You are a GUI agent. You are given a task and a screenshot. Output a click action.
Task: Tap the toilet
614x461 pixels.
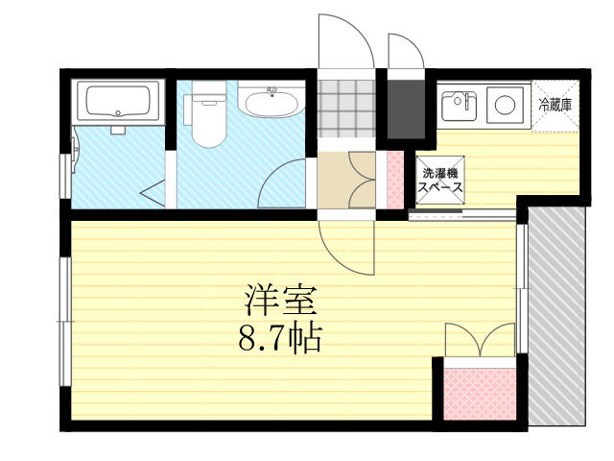point(205,114)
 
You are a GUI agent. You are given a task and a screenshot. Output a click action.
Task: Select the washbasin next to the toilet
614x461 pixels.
point(271,100)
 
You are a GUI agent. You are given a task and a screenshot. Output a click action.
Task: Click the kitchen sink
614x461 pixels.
point(459,106)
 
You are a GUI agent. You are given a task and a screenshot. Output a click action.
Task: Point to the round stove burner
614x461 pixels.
point(505,105)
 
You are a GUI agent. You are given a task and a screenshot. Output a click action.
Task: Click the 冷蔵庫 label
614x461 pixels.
point(555,105)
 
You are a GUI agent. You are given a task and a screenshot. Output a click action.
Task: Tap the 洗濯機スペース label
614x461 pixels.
point(440,180)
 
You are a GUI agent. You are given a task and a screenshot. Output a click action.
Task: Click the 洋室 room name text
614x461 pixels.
point(280,301)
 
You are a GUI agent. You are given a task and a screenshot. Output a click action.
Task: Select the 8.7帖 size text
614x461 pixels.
point(280,338)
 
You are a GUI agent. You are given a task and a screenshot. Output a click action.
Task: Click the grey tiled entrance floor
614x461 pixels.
point(346,109)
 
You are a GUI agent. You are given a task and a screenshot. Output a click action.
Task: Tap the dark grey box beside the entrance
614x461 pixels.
point(406,109)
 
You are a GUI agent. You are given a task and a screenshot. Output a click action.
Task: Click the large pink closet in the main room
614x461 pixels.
point(480,394)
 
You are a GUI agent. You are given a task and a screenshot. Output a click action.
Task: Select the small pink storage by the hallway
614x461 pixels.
point(395,180)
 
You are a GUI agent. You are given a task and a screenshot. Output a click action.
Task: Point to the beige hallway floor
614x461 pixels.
point(346,180)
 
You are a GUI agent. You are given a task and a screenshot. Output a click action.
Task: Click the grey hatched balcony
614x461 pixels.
point(556,316)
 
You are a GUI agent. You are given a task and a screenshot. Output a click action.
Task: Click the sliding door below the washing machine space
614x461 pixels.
point(462,214)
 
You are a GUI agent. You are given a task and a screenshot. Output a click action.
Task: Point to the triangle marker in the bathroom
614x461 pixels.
point(153,193)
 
